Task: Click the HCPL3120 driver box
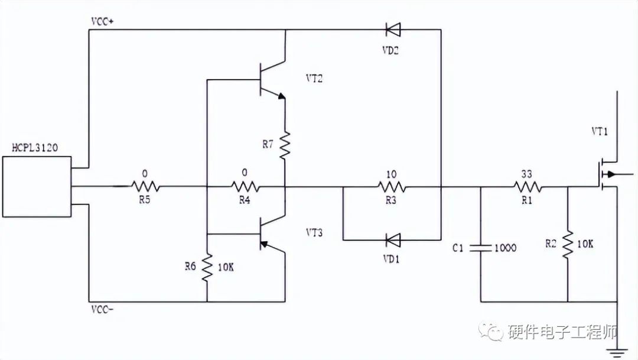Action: coord(37,186)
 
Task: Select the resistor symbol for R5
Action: coord(144,187)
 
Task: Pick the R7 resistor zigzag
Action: coord(285,145)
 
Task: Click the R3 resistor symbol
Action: coord(392,187)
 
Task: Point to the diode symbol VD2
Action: coord(392,29)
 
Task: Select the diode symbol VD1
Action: coord(392,239)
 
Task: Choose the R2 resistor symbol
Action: coord(567,243)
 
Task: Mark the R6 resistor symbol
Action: coord(207,267)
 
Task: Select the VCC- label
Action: coord(103,309)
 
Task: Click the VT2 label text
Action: coord(314,78)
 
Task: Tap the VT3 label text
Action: coord(314,232)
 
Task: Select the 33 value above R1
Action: coord(527,174)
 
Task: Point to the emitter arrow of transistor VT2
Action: coord(281,96)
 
